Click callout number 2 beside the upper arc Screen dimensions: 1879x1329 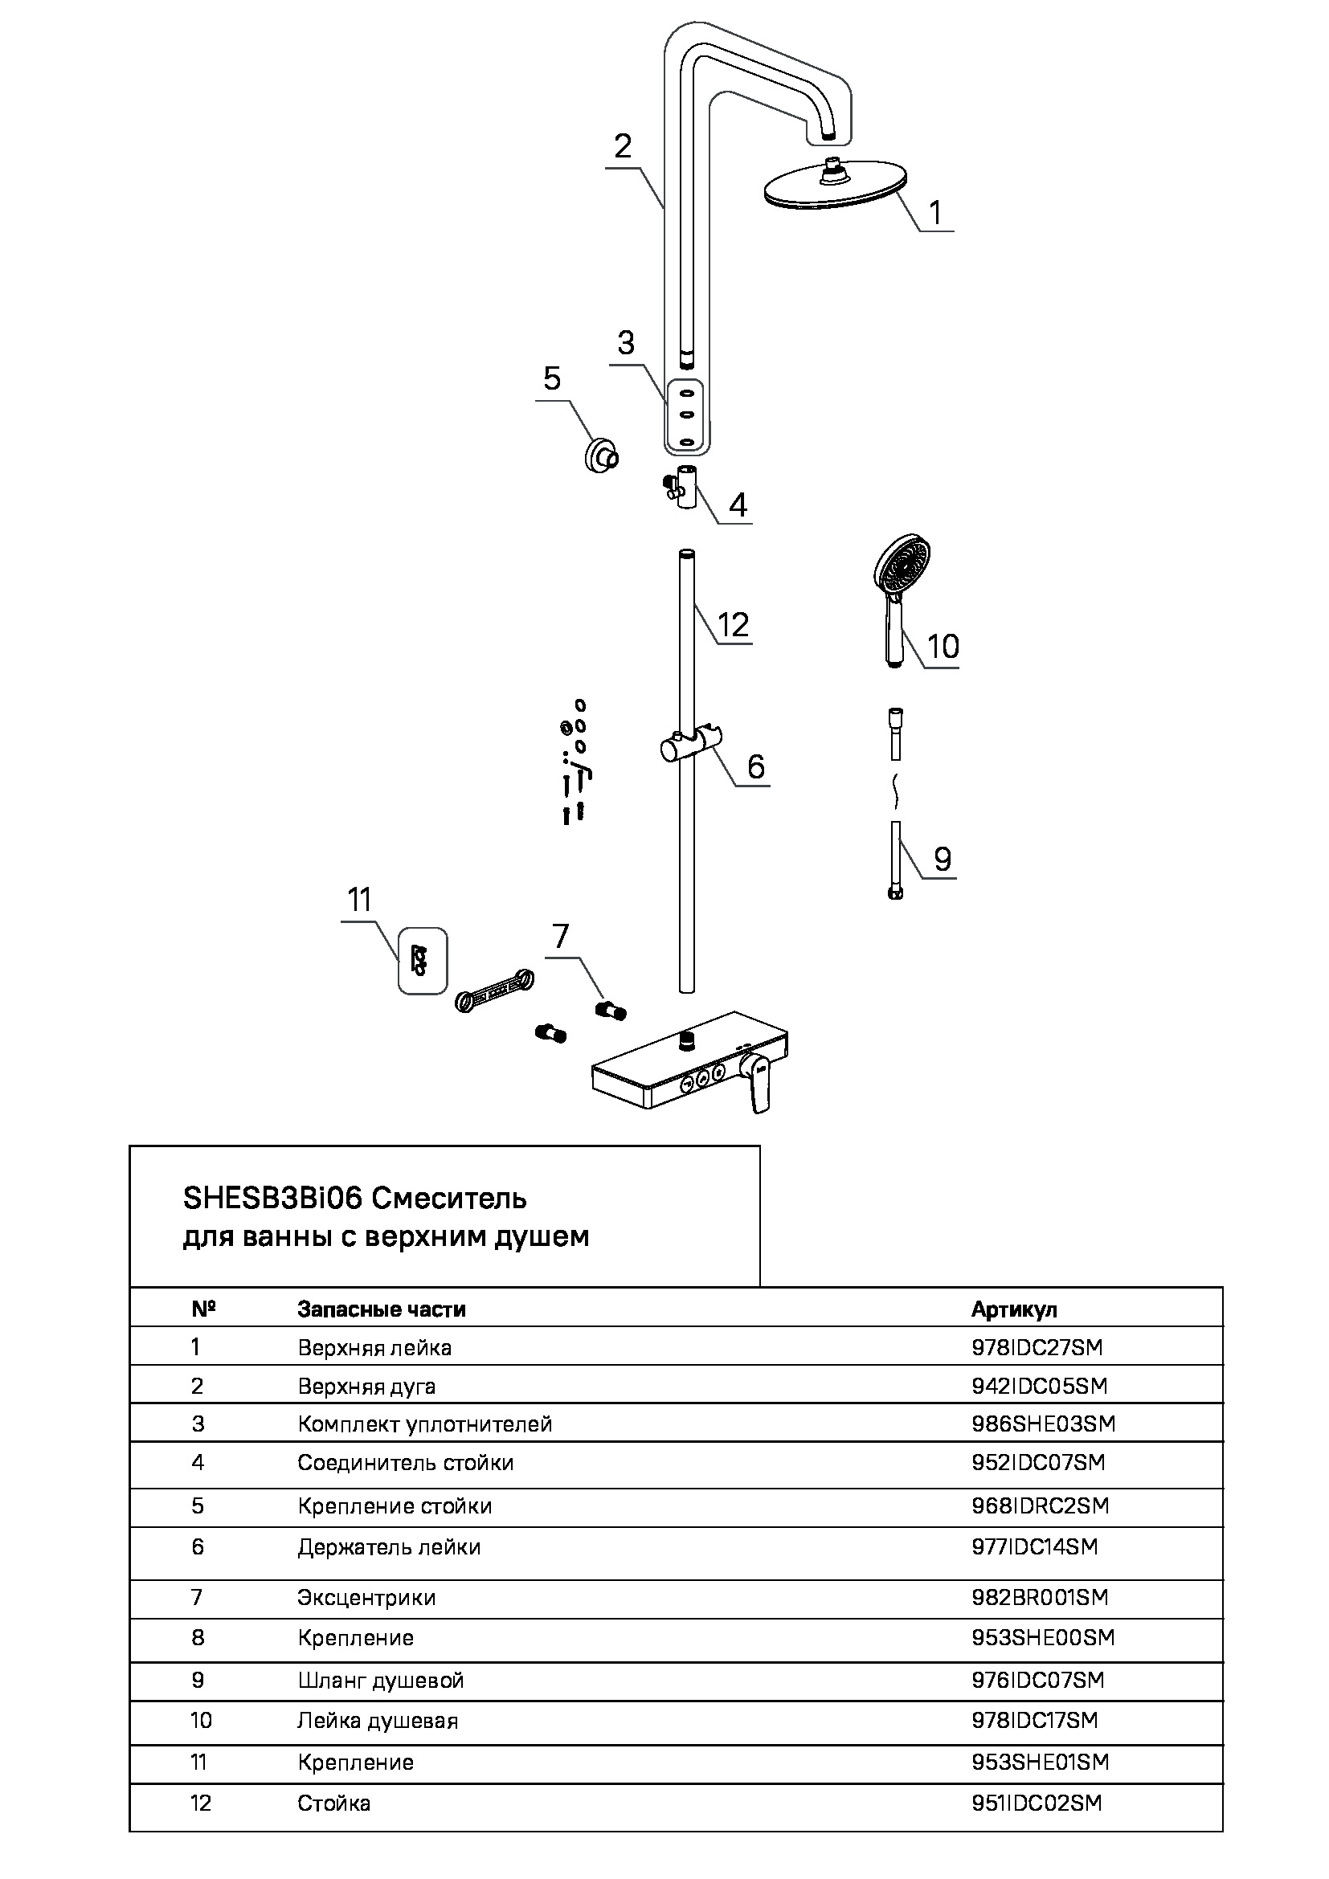click(623, 146)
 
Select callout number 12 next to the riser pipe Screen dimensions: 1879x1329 click(733, 625)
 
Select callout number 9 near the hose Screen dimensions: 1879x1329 click(943, 860)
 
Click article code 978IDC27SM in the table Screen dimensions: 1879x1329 click(1037, 1347)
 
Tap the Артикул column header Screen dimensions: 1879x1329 click(1014, 1309)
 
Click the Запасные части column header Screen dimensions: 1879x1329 click(382, 1309)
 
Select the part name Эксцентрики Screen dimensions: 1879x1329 click(366, 1598)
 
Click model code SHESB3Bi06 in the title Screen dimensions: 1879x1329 click(272, 1198)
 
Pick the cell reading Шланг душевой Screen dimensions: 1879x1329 click(381, 1680)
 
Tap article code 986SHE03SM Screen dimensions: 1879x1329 click(1044, 1424)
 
